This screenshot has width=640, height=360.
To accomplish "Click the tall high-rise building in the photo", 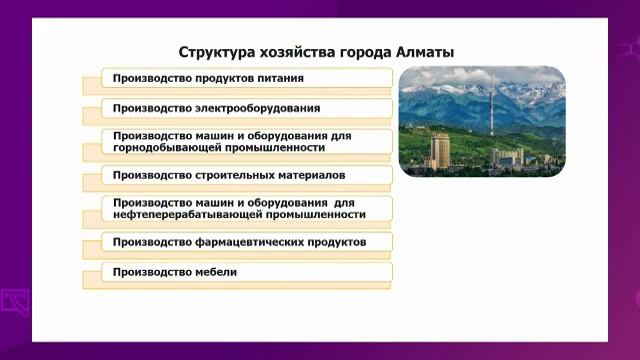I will [440, 151].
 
